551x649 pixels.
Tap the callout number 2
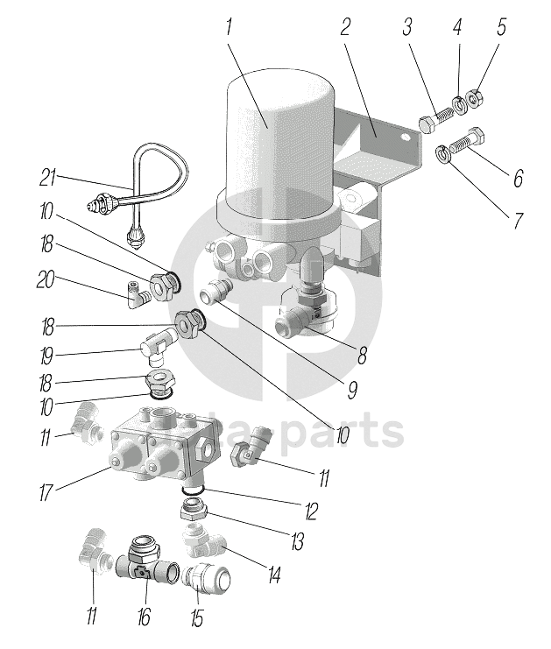[x=346, y=27]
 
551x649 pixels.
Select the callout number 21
[x=47, y=179]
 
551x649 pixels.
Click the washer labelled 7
[x=443, y=155]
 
